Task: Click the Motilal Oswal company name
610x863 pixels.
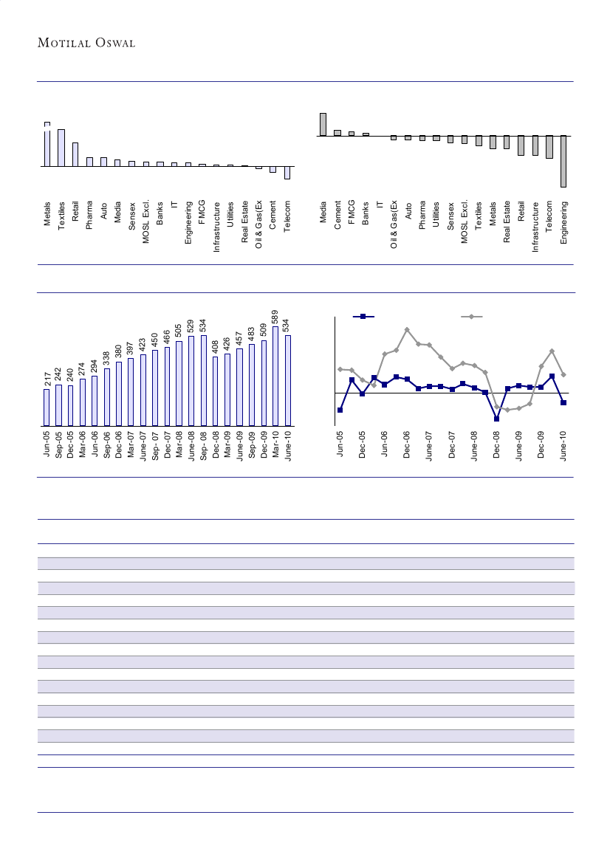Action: pyautogui.click(x=86, y=43)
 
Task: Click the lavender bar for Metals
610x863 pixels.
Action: pyautogui.click(x=47, y=145)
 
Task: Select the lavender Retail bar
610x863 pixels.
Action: pyautogui.click(x=75, y=154)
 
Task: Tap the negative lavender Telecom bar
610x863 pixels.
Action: pyautogui.click(x=287, y=173)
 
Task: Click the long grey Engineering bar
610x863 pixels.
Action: pyautogui.click(x=563, y=161)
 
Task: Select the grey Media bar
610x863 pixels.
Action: pyautogui.click(x=323, y=125)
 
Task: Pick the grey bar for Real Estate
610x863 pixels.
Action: pyautogui.click(x=507, y=142)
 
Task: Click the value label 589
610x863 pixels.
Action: pyautogui.click(x=275, y=317)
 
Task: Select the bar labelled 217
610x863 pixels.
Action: pyautogui.click(x=47, y=408)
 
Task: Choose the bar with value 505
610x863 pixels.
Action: pyautogui.click(x=179, y=383)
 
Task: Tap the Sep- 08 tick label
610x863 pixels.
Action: pyautogui.click(x=203, y=445)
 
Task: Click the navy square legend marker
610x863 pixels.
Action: pyautogui.click(x=363, y=317)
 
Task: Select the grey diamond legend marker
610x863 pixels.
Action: pyautogui.click(x=472, y=317)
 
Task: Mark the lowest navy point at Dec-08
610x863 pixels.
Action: pyautogui.click(x=497, y=419)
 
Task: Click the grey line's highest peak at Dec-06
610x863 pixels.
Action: pyautogui.click(x=407, y=329)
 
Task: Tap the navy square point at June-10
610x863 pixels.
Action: pyautogui.click(x=563, y=403)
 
